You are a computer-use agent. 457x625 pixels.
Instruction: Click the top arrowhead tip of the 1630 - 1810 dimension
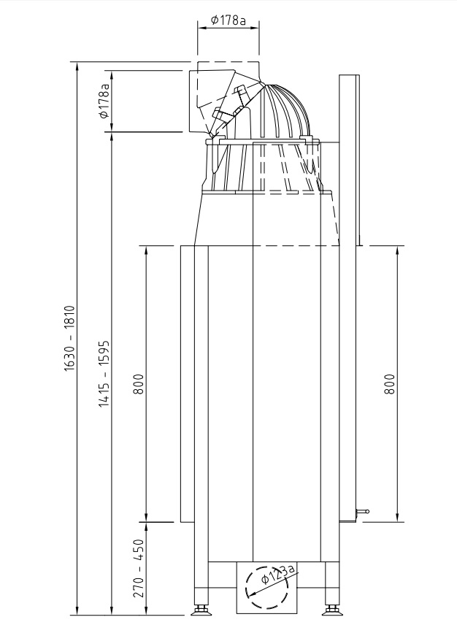pos(77,62)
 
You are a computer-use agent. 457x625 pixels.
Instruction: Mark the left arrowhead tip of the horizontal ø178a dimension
pos(198,28)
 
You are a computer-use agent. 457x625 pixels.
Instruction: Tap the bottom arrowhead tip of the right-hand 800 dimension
pos(397,521)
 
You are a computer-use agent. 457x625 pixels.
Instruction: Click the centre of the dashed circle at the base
pos(266,587)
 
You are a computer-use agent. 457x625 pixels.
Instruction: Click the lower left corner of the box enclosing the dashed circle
pos(237,613)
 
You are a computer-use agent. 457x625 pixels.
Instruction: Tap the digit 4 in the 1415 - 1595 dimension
pos(104,396)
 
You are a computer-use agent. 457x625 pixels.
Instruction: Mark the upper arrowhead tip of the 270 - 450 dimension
pos(146,523)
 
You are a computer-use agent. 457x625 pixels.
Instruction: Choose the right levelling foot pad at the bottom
pos(332,610)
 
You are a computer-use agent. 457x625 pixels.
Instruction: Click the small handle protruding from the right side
pos(363,511)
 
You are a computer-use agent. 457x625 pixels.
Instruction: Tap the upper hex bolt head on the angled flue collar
pos(240,90)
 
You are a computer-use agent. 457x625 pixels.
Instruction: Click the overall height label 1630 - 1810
pos(69,339)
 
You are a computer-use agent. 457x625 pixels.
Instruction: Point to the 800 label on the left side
pos(138,384)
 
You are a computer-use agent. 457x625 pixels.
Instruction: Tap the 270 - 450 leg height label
pos(138,568)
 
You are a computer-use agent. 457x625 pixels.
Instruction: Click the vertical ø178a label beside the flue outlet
pos(104,101)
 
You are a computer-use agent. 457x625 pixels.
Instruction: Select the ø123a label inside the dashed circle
pos(278,573)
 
